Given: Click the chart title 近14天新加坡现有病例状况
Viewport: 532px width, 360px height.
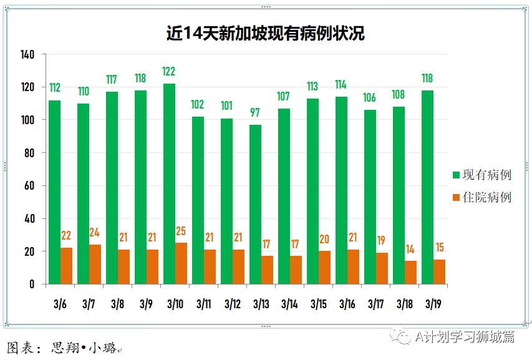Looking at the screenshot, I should coord(265,33).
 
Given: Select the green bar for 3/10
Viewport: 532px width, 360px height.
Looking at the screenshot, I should coord(169,184).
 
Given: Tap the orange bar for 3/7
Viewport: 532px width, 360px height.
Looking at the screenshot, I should coord(95,265).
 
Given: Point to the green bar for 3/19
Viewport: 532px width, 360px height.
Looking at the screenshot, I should coord(427,187).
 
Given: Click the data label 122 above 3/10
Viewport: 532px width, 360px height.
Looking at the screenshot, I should coord(168,71).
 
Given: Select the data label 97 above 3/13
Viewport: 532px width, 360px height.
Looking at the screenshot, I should coord(255,112).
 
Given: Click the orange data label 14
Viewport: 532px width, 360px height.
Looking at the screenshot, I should coord(410,250).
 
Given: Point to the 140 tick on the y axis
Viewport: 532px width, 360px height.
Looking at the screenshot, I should coord(27,54).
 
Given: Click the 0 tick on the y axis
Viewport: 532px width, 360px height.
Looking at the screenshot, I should coord(32,285).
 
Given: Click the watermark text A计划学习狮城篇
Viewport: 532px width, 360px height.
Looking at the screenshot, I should coord(465,337).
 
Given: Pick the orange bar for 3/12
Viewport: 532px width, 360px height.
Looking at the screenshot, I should coord(238,267).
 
